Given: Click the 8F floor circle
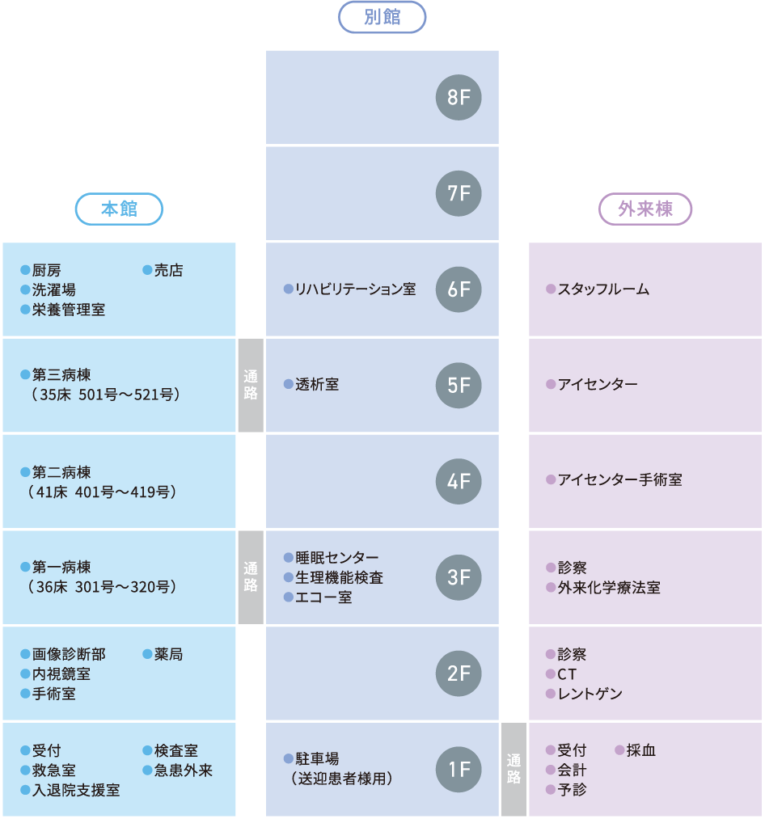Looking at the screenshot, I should pos(459,98).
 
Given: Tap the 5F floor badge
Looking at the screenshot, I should pos(459,385).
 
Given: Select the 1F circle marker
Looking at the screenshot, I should pos(459,769).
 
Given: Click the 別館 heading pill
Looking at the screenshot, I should pos(382,17).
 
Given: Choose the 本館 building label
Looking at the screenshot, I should pos(119,209).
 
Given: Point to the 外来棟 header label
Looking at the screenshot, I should pos(645,209).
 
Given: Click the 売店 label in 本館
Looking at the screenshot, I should pos(168,271).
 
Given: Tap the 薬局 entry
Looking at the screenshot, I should pos(168,654).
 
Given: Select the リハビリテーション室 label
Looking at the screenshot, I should pos(355,289).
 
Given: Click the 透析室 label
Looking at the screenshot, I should pos(317,385).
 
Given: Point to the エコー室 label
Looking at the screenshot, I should pos(323,597).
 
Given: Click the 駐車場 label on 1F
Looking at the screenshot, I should pos(317,759).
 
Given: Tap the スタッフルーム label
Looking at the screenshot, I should pos(603,289).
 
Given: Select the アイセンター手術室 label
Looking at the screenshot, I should pos(619,480).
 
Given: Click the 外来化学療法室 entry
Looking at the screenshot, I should pos(608,588).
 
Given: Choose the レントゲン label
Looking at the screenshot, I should pos(590,694).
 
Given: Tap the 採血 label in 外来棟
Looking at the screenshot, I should pos(640,750).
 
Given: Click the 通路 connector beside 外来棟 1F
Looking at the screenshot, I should pos(514,769).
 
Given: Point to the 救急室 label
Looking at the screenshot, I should pos(53,770).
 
